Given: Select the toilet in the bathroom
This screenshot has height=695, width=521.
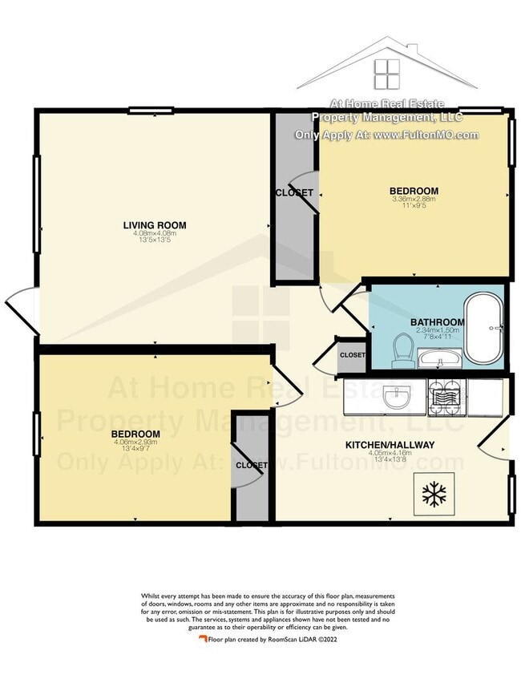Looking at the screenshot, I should pyautogui.click(x=402, y=350).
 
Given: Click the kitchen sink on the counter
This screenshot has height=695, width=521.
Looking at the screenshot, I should pyautogui.click(x=398, y=396).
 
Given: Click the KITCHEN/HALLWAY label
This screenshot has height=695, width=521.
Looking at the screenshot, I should pyautogui.click(x=390, y=445).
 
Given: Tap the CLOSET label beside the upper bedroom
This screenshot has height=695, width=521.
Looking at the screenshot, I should pyautogui.click(x=293, y=193).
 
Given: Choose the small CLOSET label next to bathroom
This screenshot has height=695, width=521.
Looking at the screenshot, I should pyautogui.click(x=352, y=355).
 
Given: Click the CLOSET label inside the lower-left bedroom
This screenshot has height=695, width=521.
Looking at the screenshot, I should pyautogui.click(x=251, y=465).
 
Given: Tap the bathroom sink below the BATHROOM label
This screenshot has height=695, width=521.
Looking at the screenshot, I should pyautogui.click(x=436, y=358).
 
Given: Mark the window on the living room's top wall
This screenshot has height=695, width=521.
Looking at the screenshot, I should pyautogui.click(x=152, y=111).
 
